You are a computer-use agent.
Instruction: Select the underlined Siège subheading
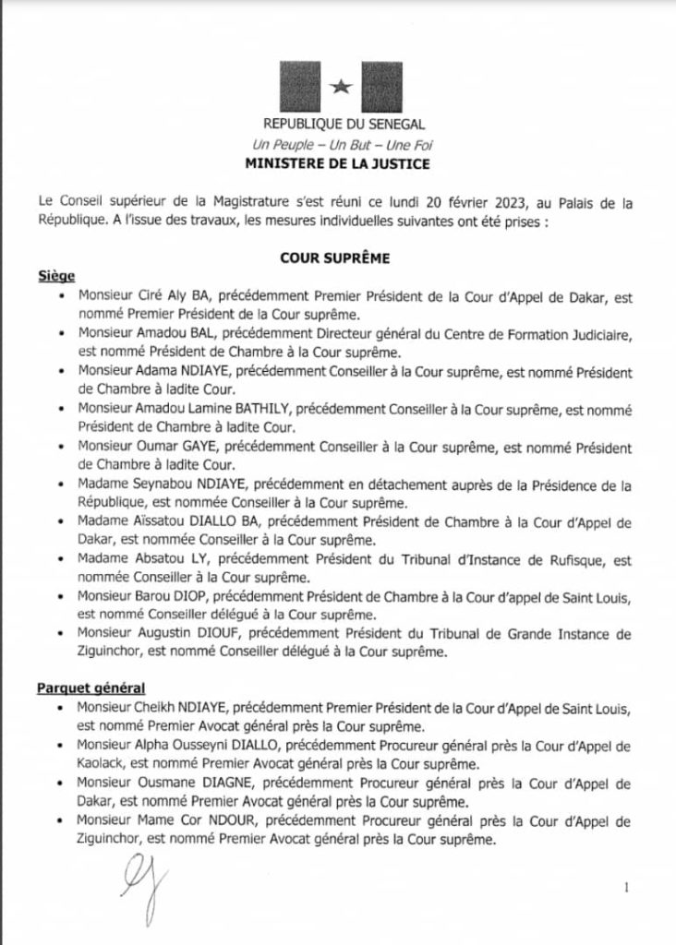[x=56, y=277]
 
